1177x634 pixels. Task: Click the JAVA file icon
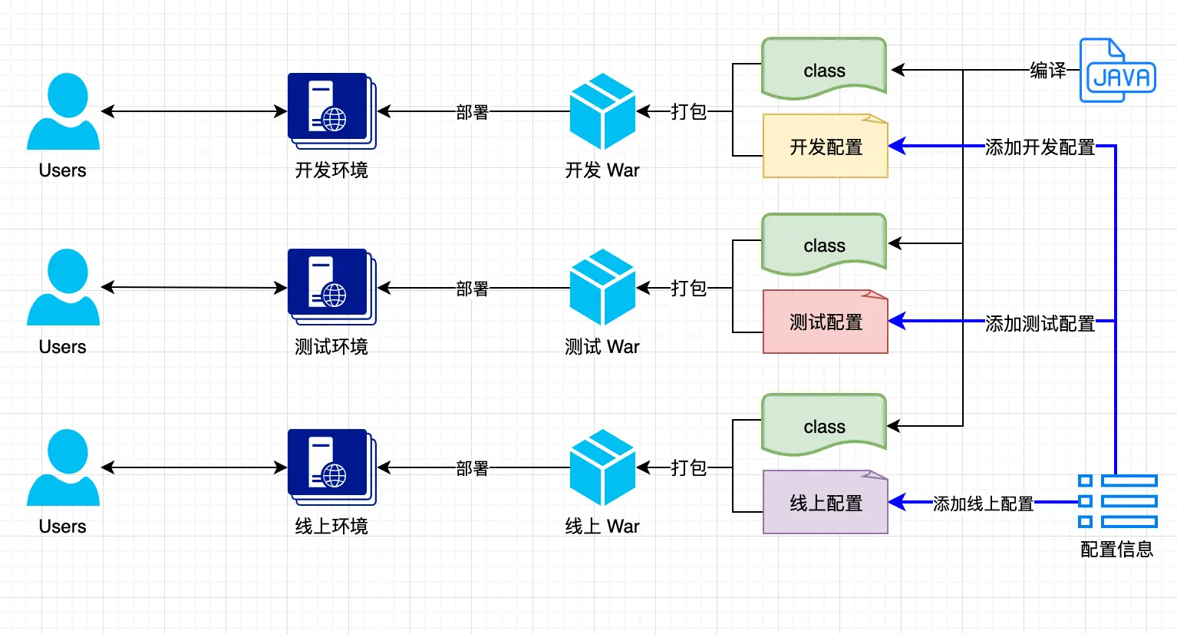pos(1116,71)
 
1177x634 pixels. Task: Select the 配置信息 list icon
pos(1117,501)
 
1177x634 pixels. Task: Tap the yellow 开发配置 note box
pos(825,147)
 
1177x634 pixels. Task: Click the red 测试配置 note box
pos(825,322)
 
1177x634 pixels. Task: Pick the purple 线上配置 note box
pos(825,503)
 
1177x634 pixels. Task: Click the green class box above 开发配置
pos(824,69)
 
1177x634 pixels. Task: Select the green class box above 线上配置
pos(824,425)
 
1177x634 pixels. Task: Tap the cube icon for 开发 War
pos(602,111)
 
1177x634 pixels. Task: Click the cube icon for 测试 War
pos(602,287)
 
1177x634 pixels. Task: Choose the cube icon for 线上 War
pos(602,467)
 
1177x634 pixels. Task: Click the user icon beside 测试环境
pos(64,287)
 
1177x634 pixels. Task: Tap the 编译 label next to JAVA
pos(1047,71)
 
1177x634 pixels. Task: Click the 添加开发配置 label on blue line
pos(1040,147)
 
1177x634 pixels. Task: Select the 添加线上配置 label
pos(983,504)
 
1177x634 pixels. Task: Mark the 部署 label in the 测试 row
pos(472,289)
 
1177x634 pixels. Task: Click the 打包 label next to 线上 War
pos(688,467)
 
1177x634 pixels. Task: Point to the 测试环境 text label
pos(331,347)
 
